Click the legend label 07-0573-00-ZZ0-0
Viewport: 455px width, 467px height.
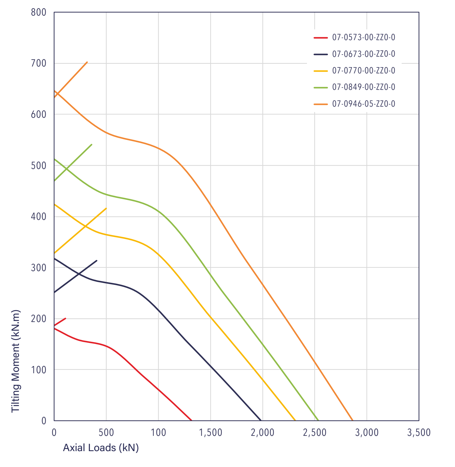pyautogui.click(x=364, y=37)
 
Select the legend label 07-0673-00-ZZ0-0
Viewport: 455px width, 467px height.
pyautogui.click(x=364, y=54)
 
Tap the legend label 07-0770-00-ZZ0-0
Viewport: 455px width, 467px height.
pyautogui.click(x=364, y=70)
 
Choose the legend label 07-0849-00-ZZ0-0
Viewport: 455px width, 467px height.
pyautogui.click(x=364, y=87)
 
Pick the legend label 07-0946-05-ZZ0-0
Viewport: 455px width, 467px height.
pyautogui.click(x=364, y=104)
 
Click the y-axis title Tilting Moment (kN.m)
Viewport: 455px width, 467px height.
pyautogui.click(x=15, y=361)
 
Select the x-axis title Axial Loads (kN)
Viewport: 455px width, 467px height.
pyautogui.click(x=101, y=448)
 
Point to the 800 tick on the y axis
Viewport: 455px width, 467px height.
pyautogui.click(x=39, y=12)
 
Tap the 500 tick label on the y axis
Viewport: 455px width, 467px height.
pyautogui.click(x=39, y=165)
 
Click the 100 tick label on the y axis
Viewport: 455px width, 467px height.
pyautogui.click(x=39, y=370)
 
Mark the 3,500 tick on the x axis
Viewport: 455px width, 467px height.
pyautogui.click(x=419, y=433)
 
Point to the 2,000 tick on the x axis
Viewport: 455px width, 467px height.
pyautogui.click(x=263, y=433)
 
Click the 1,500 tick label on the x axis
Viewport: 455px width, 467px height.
pyautogui.click(x=210, y=433)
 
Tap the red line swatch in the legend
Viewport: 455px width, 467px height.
pyautogui.click(x=321, y=38)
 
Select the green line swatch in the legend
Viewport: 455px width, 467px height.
pyautogui.click(x=321, y=87)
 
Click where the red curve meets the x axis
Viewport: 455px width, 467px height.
pyautogui.click(x=192, y=420)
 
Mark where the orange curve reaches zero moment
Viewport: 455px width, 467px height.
pyautogui.click(x=352, y=420)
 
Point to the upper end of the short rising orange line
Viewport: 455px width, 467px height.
pyautogui.click(x=87, y=62)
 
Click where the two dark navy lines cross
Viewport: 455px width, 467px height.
pyautogui.click(x=79, y=273)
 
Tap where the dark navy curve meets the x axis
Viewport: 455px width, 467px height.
pyautogui.click(x=261, y=420)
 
